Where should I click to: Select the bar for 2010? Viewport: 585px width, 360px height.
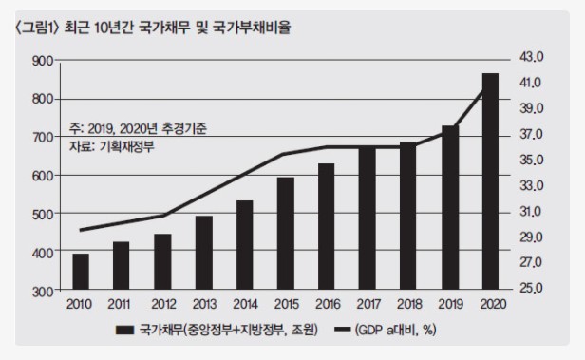[x=80, y=272]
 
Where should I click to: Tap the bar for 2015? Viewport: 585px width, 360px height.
[x=285, y=233]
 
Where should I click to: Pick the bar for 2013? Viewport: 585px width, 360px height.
[x=203, y=253]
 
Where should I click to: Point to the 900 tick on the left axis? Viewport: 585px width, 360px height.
[x=41, y=61]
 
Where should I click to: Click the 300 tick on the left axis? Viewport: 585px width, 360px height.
[x=41, y=291]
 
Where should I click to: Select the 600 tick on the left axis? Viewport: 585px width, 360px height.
[x=41, y=176]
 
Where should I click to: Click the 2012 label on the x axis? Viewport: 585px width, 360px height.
[x=161, y=304]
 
